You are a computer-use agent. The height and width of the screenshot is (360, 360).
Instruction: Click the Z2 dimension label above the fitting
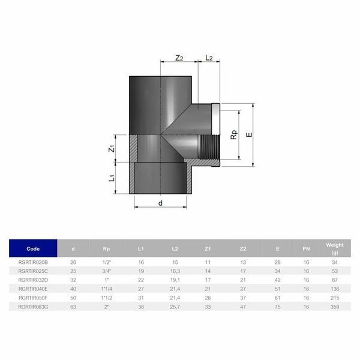tap(179, 58)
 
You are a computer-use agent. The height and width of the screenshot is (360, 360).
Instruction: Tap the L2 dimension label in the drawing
tap(209, 58)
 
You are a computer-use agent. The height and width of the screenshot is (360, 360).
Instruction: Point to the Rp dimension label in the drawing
tap(234, 135)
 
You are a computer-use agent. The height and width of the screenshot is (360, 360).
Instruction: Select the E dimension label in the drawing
tap(249, 135)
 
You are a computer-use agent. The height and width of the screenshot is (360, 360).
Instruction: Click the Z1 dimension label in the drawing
tap(112, 149)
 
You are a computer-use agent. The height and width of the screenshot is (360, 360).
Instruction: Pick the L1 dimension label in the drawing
tap(112, 178)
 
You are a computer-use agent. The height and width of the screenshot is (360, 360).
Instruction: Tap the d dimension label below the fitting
tap(160, 203)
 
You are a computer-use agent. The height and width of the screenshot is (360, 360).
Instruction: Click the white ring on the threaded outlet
tap(215, 119)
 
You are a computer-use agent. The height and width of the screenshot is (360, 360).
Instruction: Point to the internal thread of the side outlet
tap(209, 147)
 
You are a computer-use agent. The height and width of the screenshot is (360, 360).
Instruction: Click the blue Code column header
tap(33, 248)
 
